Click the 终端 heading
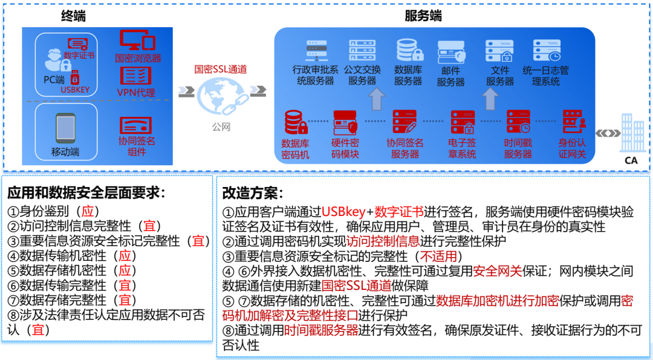tap(73, 16)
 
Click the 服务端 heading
tap(423, 16)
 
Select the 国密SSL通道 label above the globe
tap(220, 69)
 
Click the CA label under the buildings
tap(631, 160)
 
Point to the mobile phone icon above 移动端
tap(65, 128)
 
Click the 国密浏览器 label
tap(138, 58)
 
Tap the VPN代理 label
tap(136, 93)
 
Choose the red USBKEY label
tap(75, 90)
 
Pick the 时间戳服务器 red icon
tap(518, 122)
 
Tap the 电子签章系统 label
tap(462, 149)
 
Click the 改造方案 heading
tap(253, 193)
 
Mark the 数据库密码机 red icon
tap(296, 122)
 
